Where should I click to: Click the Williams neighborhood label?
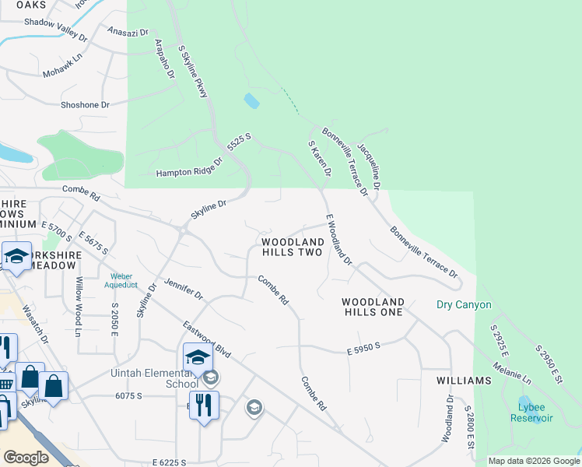[x=464, y=381]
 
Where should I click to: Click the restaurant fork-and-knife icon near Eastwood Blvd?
[x=204, y=407]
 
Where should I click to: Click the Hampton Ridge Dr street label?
[x=189, y=169]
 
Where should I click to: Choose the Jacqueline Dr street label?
[x=368, y=166]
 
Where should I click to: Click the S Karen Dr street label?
[x=320, y=158]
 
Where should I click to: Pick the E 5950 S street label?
[x=363, y=352]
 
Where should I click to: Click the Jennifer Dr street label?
[x=183, y=289]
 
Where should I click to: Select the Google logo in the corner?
[x=26, y=458]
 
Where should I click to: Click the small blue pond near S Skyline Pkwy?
[x=251, y=100]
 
